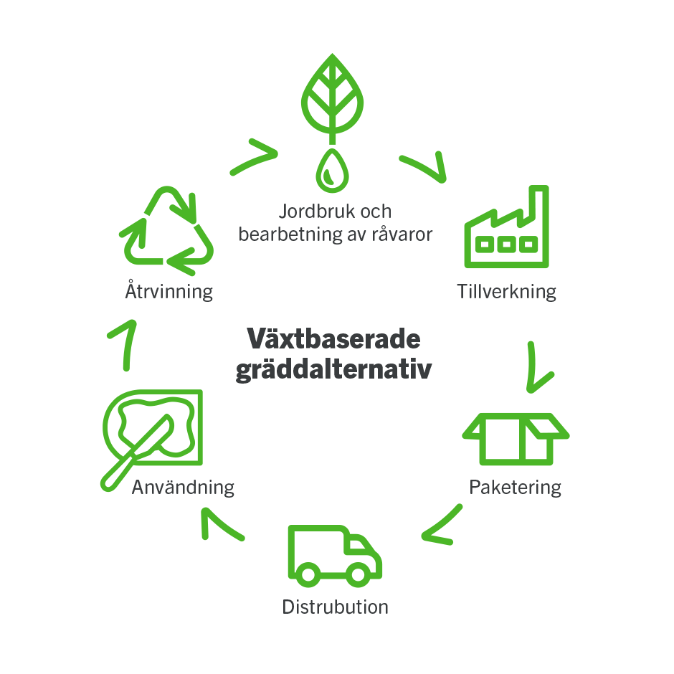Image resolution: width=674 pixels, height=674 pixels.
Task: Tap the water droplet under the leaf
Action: pyautogui.click(x=331, y=171)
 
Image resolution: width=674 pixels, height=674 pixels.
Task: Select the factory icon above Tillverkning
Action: pyautogui.click(x=506, y=228)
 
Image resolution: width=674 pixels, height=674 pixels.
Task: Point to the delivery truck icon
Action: pyautogui.click(x=333, y=555)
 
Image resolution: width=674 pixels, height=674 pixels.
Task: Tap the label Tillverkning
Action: pyautogui.click(x=506, y=292)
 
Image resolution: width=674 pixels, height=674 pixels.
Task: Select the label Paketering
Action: pyautogui.click(x=515, y=488)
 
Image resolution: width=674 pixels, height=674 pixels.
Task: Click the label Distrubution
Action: pyautogui.click(x=335, y=607)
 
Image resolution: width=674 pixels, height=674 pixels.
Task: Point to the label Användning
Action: pyautogui.click(x=183, y=488)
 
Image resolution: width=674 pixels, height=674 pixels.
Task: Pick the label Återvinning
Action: pyautogui.click(x=168, y=292)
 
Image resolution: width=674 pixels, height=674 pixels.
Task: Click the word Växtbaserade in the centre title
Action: pyautogui.click(x=333, y=339)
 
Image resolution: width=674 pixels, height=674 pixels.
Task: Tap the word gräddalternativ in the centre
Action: pyautogui.click(x=333, y=371)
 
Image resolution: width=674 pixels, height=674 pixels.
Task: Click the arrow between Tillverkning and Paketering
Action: pyautogui.click(x=537, y=368)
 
